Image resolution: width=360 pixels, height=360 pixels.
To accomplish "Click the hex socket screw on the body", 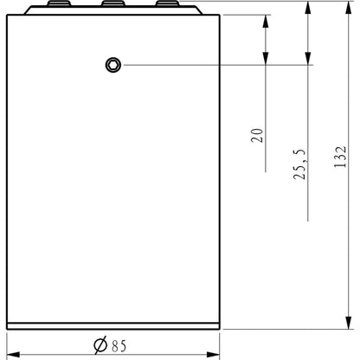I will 112,64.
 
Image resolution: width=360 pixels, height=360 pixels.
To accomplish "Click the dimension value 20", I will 257,134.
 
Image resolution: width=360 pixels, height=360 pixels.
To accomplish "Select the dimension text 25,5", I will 300,164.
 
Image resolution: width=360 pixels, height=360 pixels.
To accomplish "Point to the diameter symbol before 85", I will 100,345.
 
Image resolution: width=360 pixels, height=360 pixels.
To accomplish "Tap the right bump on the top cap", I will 166,5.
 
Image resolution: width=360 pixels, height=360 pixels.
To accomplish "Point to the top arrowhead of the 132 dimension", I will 349,9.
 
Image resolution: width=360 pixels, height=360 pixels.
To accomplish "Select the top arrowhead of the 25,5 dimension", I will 307,9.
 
